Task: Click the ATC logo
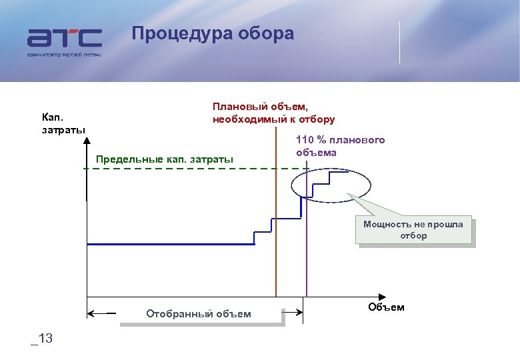point(65,38)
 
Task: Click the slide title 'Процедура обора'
point(212,33)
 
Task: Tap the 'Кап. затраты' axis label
point(63,123)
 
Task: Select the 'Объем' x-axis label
point(385,307)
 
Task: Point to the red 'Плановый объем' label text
point(273,113)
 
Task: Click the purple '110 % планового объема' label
point(340,146)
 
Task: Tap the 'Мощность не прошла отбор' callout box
point(413,230)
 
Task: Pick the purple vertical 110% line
point(306,267)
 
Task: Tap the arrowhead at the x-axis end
point(382,296)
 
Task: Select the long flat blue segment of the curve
point(170,245)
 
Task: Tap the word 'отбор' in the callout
point(413,236)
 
